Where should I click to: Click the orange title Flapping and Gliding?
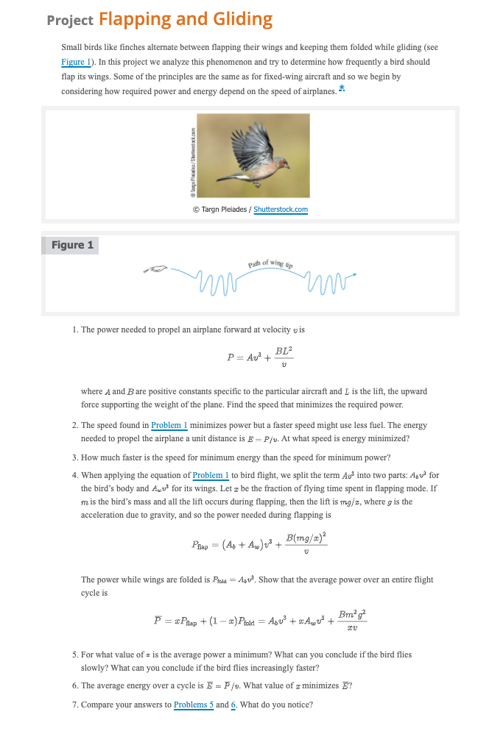pos(185,19)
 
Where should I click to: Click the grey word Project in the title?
pos(69,21)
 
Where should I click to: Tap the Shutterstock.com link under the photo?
pos(281,210)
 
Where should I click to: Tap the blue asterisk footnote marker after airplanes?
pos(342,89)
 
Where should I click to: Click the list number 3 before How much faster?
pos(75,457)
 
